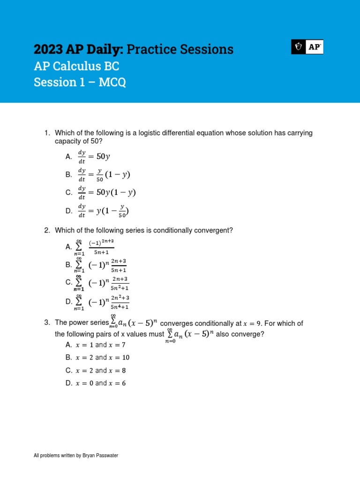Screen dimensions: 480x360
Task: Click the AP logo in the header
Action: pyautogui.click(x=307, y=47)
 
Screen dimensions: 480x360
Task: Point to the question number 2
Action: pyautogui.click(x=47, y=230)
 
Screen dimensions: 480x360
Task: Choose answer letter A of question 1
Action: pyautogui.click(x=68, y=157)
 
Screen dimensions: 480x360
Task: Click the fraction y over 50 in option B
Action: pyautogui.click(x=99, y=175)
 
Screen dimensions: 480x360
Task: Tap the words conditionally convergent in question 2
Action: pyautogui.click(x=191, y=230)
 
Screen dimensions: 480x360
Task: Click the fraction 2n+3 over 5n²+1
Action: pyautogui.click(x=120, y=283)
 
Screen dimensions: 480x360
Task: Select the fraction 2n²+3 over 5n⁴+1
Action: pyautogui.click(x=120, y=302)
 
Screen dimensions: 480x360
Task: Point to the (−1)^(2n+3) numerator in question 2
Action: pyautogui.click(x=101, y=242)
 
